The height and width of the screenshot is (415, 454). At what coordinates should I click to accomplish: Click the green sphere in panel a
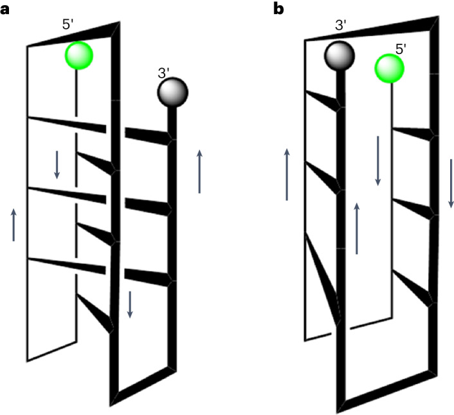click(x=78, y=55)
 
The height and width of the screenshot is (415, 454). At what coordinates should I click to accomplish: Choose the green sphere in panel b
click(x=389, y=69)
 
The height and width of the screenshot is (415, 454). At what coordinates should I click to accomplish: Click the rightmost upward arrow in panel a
click(x=200, y=171)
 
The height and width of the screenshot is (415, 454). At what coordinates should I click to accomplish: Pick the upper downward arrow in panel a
click(x=57, y=165)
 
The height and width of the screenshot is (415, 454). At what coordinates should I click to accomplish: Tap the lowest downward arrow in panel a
click(x=130, y=304)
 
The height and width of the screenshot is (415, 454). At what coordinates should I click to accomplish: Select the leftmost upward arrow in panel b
click(x=287, y=174)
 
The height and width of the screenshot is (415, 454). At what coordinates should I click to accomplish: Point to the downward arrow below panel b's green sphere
click(x=378, y=161)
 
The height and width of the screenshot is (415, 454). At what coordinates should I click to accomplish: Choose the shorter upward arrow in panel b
click(x=357, y=228)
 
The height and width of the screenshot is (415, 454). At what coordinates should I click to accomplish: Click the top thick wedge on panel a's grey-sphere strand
click(x=149, y=135)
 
